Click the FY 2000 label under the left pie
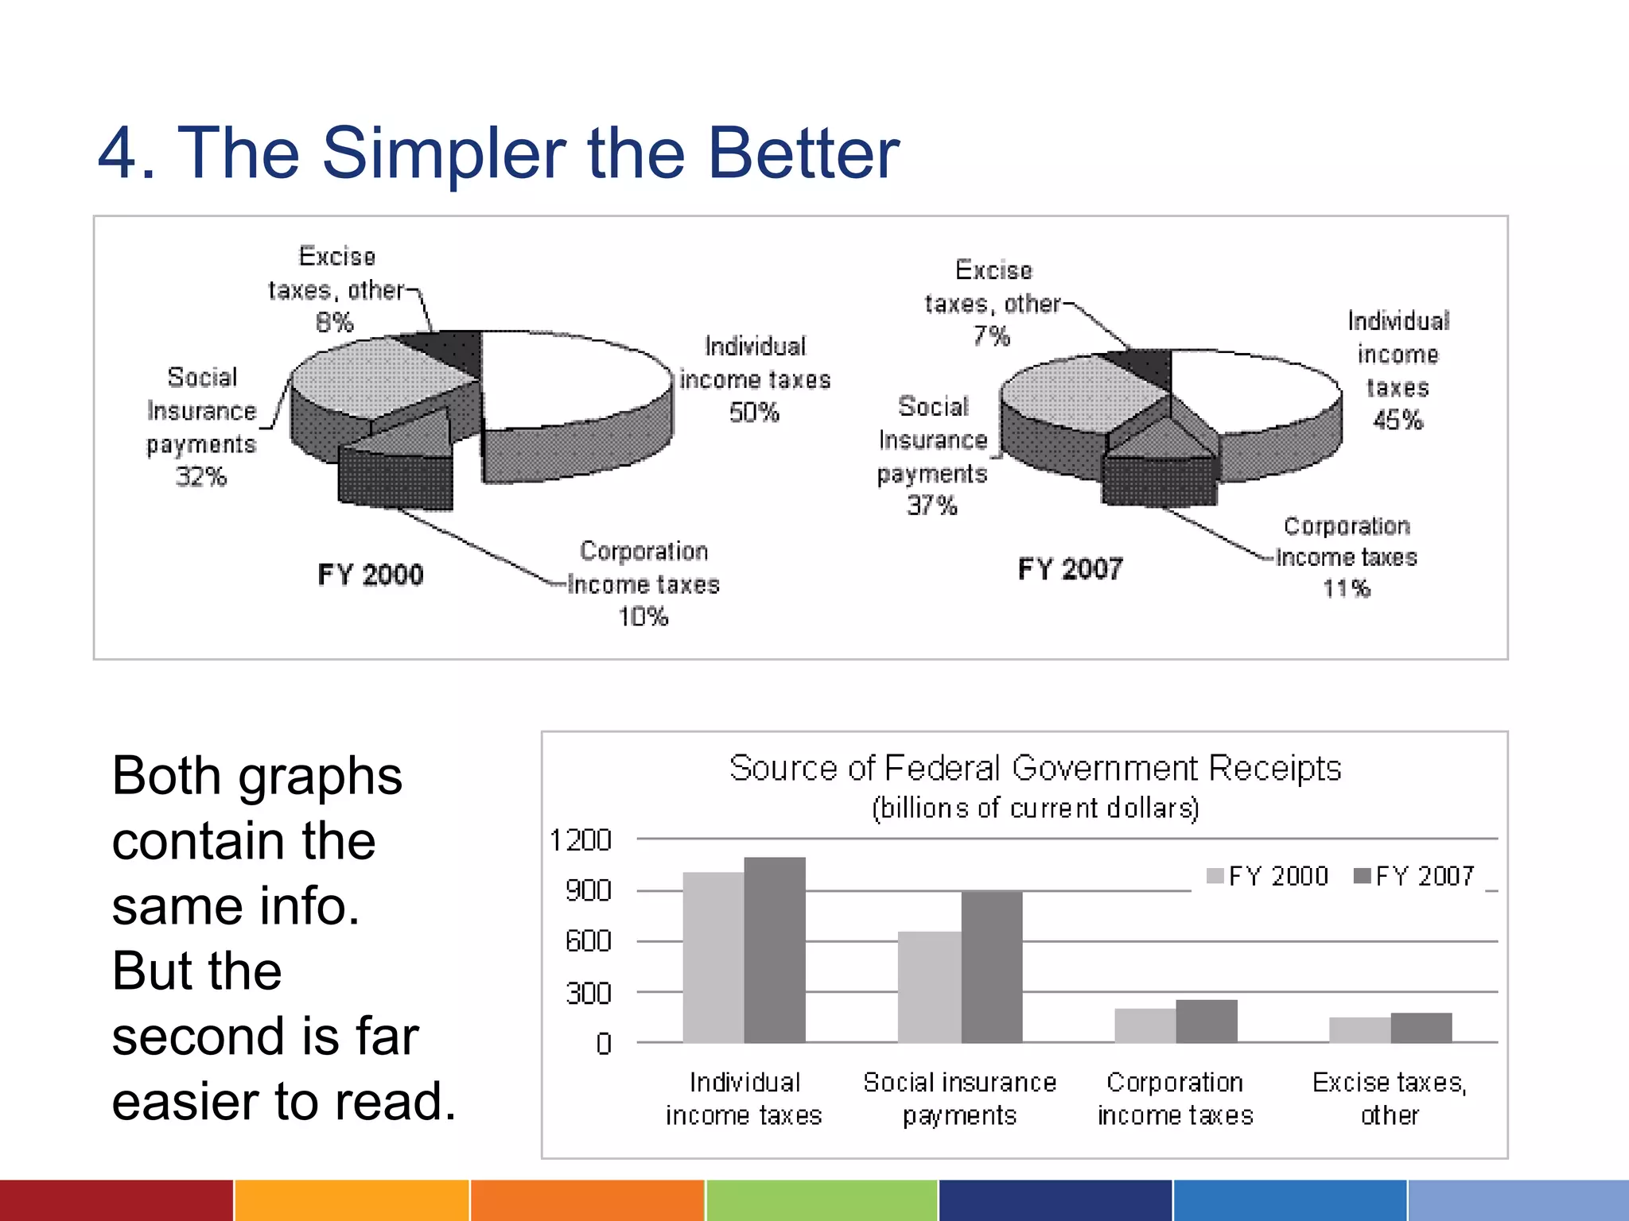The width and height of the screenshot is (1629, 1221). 370,575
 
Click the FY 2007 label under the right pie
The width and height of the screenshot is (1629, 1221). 1070,569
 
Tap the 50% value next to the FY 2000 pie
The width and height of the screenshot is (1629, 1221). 754,413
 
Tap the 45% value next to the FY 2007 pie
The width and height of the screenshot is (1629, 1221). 1398,420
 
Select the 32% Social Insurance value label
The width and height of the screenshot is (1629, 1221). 201,477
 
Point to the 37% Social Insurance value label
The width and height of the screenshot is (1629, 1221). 932,506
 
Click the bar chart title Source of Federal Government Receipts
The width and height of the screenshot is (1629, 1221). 1035,769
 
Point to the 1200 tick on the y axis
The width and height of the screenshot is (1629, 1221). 581,840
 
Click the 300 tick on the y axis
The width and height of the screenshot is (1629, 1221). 588,994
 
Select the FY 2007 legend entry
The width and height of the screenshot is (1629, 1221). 1415,876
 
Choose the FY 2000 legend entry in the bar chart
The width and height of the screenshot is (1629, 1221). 1268,876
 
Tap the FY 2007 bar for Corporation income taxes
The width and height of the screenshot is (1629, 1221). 1207,1021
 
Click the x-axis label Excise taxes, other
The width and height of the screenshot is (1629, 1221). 1390,1099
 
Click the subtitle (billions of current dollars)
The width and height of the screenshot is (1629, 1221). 1035,808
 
